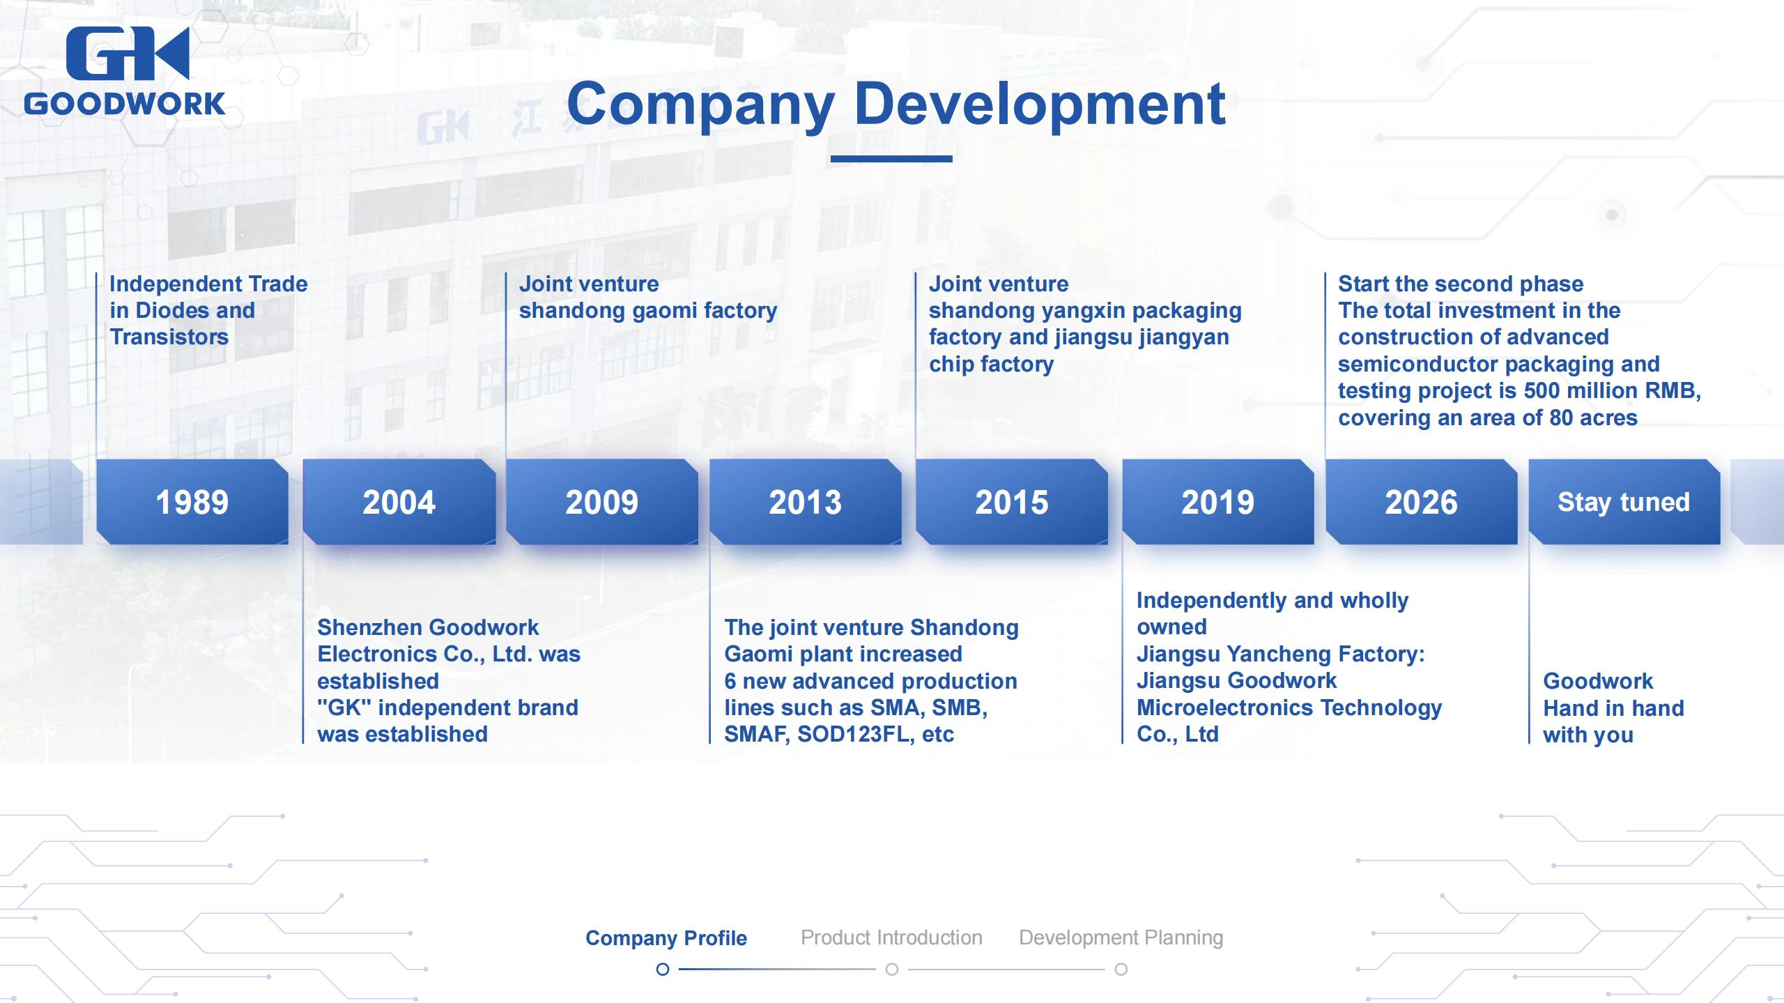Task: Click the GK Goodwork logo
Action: tap(125, 71)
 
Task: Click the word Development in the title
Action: tap(1039, 105)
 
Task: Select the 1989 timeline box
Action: tap(192, 502)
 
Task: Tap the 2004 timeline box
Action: tap(399, 502)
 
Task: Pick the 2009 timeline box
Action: tap(602, 502)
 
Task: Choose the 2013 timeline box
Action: tap(806, 502)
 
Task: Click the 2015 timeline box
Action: tap(1012, 502)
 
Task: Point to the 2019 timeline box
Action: tap(1218, 502)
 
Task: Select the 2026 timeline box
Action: tap(1422, 502)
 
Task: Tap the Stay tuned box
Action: tap(1624, 502)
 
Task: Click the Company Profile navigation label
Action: tap(666, 938)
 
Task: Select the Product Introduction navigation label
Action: tap(891, 937)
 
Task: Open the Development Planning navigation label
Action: tap(1121, 938)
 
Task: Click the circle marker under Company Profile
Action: tap(663, 970)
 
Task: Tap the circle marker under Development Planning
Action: tap(1121, 970)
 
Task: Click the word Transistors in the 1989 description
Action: tap(169, 337)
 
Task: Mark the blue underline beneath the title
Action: tap(891, 159)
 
